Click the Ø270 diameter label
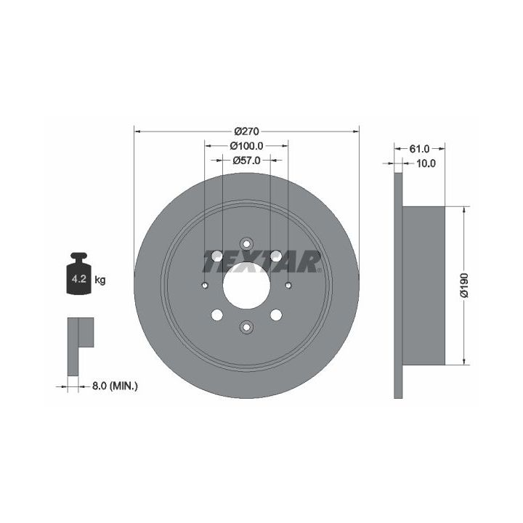[x=246, y=131]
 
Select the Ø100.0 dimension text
[x=246, y=146]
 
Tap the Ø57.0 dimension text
[x=246, y=161]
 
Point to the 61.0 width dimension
[x=419, y=149]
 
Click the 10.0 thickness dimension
[x=426, y=163]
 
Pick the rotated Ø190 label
[x=464, y=285]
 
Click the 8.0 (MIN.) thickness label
[x=115, y=386]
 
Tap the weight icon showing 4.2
[x=78, y=274]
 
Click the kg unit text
[x=100, y=280]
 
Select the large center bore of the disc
[x=246, y=285]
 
